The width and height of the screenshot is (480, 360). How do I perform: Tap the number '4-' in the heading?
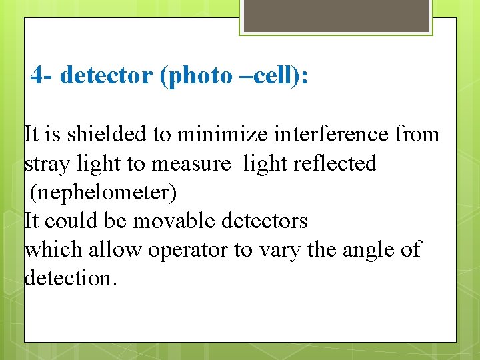point(43,76)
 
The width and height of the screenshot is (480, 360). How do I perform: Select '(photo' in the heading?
point(197,76)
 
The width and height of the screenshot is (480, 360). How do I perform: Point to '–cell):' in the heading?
point(273,76)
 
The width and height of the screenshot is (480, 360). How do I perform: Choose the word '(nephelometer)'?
point(103,193)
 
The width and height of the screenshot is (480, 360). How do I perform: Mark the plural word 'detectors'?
point(270,221)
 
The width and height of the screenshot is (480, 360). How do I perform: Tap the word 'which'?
point(51,250)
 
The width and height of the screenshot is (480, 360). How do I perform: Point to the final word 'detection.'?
point(71,278)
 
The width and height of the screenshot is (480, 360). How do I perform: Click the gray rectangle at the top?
point(336,15)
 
